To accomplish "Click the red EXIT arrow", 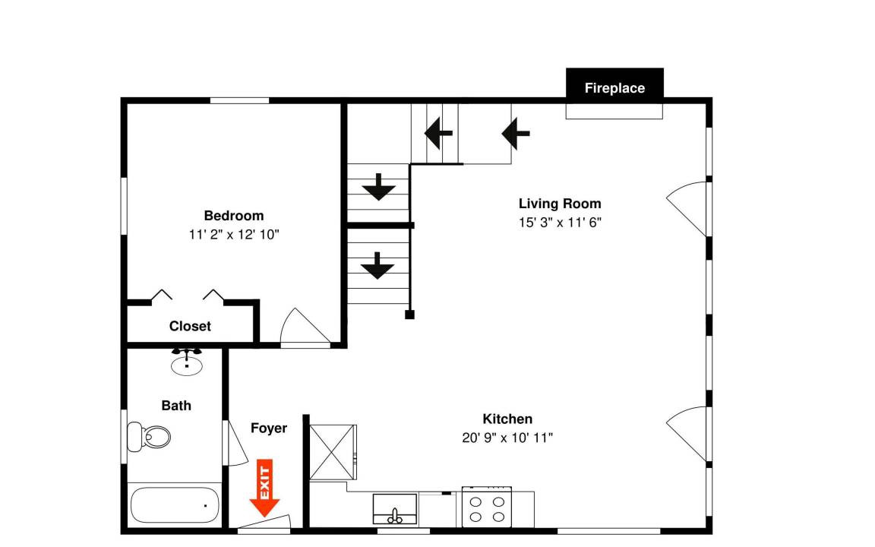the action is point(264,488).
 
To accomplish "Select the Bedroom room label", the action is point(234,216).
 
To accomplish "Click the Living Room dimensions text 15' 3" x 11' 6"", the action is point(560,222).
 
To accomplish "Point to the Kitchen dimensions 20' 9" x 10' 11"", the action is point(507,438).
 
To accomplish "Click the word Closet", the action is point(191,326).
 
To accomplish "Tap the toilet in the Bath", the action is point(148,437).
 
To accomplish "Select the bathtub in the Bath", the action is point(175,505).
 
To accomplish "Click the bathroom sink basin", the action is point(186,365).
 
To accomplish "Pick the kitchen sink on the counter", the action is point(395,509).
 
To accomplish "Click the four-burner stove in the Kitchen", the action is point(487,507).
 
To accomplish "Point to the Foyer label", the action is point(269,428).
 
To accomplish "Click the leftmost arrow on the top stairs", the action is point(438,134).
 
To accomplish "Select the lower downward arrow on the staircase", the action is point(377,266).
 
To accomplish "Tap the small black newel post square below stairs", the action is point(409,315).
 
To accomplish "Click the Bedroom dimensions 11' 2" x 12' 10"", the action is point(234,235).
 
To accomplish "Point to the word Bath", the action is point(176,406).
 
